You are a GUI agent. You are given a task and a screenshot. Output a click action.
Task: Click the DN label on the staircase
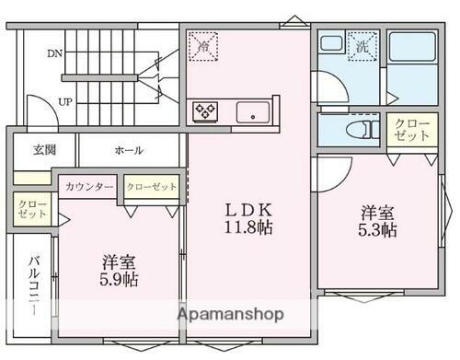[x=54, y=53]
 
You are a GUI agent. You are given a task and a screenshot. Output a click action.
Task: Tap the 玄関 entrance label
[x=45, y=150]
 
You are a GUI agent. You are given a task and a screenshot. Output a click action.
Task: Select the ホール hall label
[x=128, y=150]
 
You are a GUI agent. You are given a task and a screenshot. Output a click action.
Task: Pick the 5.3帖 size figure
[x=377, y=228]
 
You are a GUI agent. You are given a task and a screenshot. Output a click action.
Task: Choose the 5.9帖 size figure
[x=119, y=278]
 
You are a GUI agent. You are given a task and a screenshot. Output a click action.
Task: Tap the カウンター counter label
[x=89, y=186]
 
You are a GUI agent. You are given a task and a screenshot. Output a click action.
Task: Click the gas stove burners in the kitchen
[x=205, y=112]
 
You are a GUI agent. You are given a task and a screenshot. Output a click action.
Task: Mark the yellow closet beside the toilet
[x=409, y=129]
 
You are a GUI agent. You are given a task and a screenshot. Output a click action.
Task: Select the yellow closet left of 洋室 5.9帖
[x=26, y=207]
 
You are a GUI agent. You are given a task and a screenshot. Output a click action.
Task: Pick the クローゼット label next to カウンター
[x=152, y=186]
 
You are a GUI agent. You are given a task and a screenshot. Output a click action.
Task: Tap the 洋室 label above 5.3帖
[x=377, y=210]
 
